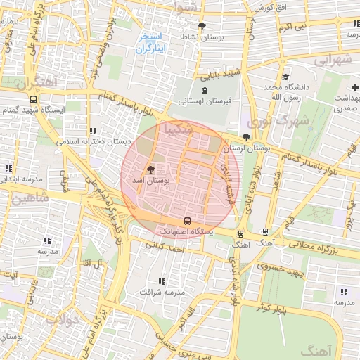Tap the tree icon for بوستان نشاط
[x=202, y=27]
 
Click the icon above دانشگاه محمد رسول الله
[x=285, y=77]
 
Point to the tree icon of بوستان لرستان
[x=245, y=138]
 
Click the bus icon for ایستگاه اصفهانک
[x=186, y=221]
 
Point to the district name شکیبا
[x=176, y=129]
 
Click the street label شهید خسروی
[x=278, y=268]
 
